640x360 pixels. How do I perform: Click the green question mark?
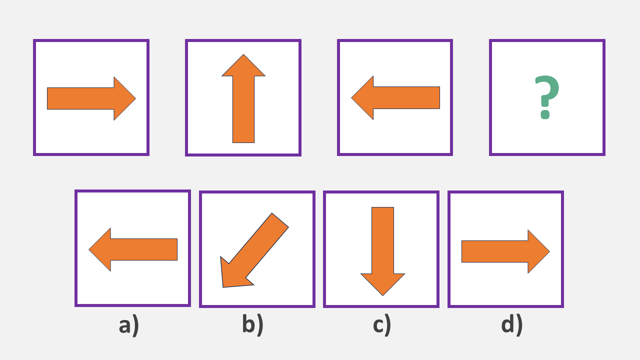click(547, 92)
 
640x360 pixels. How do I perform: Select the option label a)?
click(129, 325)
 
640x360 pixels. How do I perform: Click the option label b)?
click(252, 325)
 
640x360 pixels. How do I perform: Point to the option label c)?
click(381, 325)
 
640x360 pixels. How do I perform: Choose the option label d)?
click(511, 325)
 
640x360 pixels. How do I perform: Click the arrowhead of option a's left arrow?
click(100, 249)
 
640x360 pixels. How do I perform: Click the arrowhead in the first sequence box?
click(124, 98)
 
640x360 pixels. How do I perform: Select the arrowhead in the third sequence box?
click(363, 98)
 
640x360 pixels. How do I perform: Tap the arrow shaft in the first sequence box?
click(80, 98)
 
